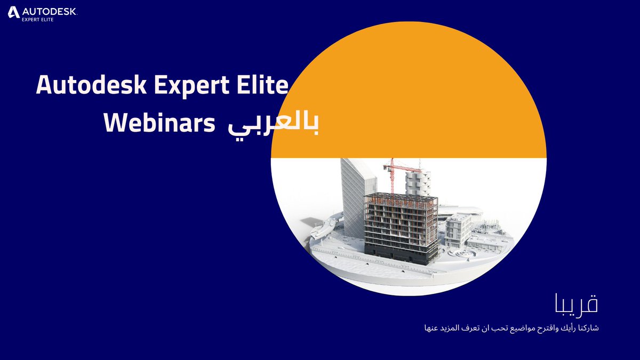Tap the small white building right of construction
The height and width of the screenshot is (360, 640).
click(458, 229)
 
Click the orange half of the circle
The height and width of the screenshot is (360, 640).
click(408, 91)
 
